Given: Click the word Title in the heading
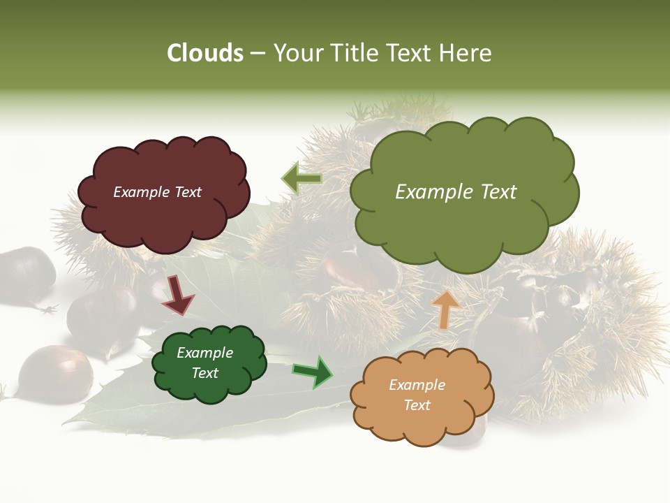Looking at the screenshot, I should click(354, 53).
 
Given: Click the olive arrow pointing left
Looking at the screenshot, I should click(301, 179).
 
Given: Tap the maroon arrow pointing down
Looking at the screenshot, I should click(177, 296).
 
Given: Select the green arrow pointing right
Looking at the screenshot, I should click(313, 372).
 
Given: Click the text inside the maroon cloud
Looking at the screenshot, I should click(157, 192).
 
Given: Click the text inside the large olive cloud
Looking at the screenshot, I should click(456, 192).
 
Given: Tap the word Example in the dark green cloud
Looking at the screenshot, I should click(204, 353).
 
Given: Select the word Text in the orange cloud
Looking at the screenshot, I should click(417, 405).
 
